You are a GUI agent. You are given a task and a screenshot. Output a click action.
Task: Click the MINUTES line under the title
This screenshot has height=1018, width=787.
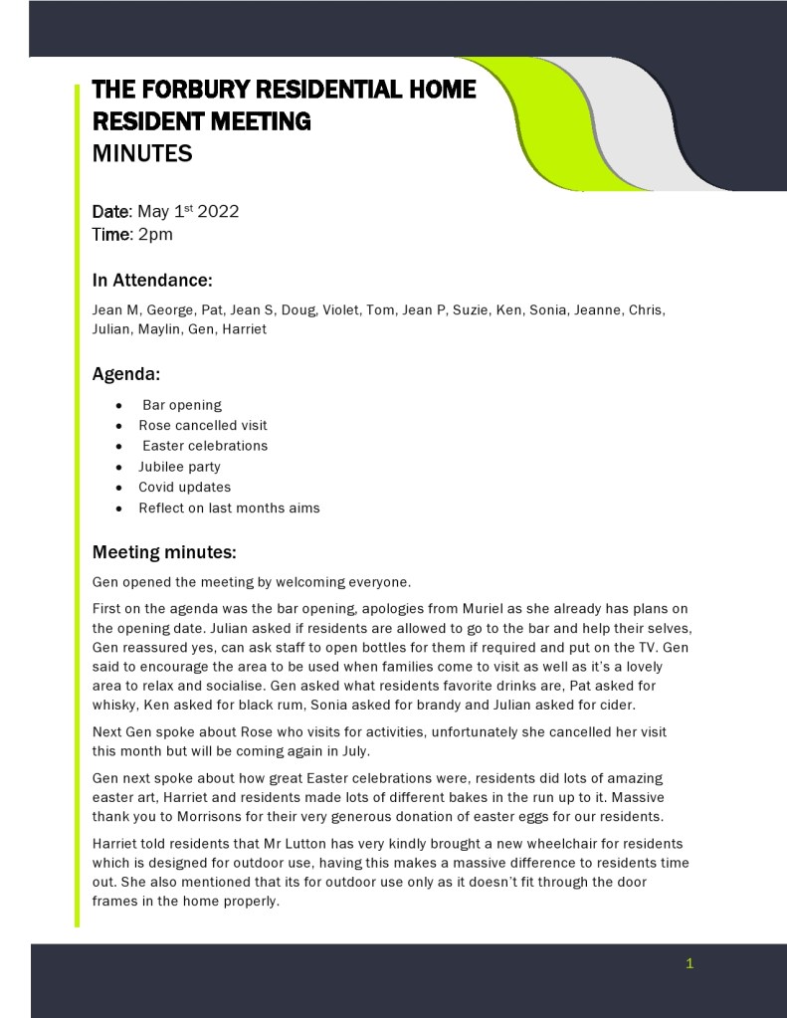point(141,154)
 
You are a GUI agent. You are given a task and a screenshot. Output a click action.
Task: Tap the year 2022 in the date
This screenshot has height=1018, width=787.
point(218,212)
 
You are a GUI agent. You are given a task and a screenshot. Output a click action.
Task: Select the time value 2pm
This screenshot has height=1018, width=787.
point(154,235)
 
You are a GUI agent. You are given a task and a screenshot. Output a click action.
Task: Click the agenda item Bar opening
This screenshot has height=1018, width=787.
point(182,405)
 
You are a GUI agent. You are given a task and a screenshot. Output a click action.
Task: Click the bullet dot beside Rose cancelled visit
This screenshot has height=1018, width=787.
point(118,426)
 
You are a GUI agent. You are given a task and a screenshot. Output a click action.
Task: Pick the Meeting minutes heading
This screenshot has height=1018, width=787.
point(163,551)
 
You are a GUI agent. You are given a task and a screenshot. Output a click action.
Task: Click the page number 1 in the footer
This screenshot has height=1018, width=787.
point(689,963)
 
